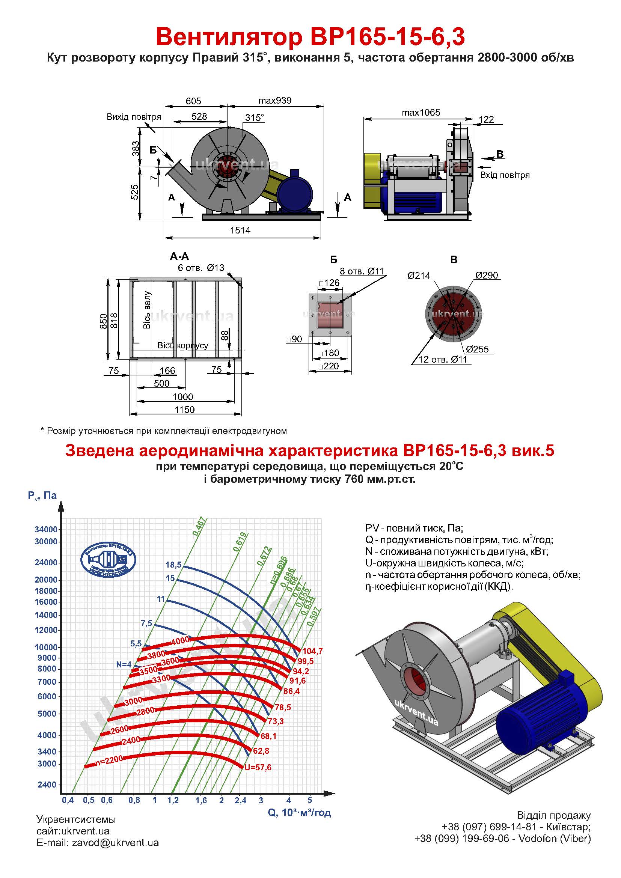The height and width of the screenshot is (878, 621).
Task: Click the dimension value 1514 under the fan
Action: (x=240, y=230)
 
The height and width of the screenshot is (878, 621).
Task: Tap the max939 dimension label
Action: (x=274, y=101)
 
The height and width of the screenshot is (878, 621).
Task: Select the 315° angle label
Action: (x=254, y=117)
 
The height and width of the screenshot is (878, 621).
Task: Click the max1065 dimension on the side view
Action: (x=421, y=113)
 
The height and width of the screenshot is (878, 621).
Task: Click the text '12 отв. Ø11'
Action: (x=442, y=360)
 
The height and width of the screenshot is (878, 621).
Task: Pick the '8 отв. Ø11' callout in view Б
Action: (x=361, y=271)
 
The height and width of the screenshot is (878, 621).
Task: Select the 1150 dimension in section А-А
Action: (x=185, y=410)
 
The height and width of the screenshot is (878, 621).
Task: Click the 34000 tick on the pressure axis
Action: (x=46, y=530)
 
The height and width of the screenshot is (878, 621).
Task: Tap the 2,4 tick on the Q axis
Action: (x=240, y=800)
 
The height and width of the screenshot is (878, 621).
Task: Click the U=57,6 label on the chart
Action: (x=258, y=768)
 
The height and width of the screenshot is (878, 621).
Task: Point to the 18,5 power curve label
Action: (x=173, y=565)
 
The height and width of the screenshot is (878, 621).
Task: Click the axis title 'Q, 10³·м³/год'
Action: (x=299, y=812)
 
